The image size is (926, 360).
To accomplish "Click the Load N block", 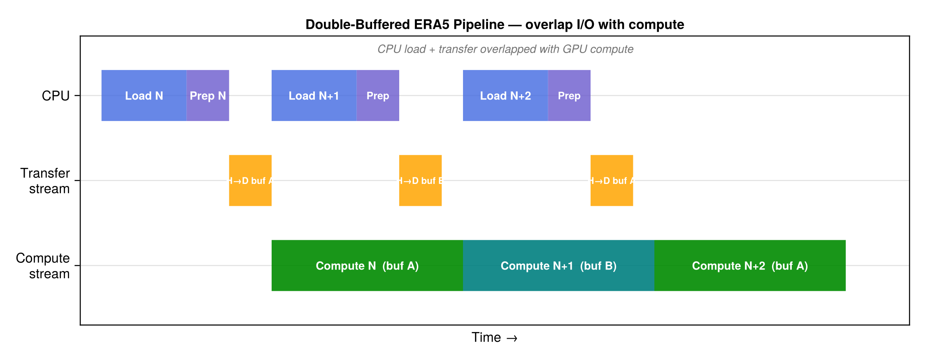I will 144,95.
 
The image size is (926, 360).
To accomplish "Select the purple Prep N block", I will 208,95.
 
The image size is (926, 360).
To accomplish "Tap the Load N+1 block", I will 314,95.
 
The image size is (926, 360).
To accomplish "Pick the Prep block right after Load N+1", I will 378,95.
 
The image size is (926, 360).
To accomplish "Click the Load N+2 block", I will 505,95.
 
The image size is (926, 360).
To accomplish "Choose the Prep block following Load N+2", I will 569,95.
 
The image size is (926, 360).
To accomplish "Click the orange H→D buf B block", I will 420,181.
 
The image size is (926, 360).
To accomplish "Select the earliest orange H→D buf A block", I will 250,181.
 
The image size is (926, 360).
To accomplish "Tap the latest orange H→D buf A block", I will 612,181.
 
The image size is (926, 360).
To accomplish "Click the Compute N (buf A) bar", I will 367,266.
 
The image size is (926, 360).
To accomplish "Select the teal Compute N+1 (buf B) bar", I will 558,266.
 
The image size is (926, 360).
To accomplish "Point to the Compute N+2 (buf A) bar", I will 750,266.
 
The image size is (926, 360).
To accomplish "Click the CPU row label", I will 56,96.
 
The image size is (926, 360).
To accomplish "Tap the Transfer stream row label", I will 45,181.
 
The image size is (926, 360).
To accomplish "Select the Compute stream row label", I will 43,266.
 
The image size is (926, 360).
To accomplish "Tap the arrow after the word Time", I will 512,338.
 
